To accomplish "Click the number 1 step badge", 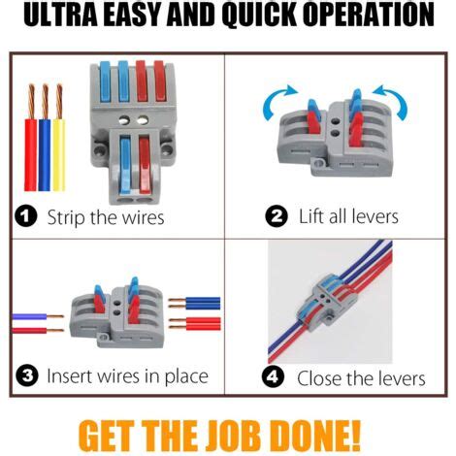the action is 26,216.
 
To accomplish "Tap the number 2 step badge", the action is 277,216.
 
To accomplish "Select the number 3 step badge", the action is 27,375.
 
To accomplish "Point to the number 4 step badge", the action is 273,376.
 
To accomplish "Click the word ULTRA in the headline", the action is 60,15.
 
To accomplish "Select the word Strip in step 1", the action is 66,217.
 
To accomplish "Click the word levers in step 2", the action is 375,216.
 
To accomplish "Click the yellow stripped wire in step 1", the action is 59,137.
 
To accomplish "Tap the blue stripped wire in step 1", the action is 45,137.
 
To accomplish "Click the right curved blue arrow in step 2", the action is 392,100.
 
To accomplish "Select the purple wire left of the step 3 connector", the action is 38,316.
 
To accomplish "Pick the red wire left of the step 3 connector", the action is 38,330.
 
